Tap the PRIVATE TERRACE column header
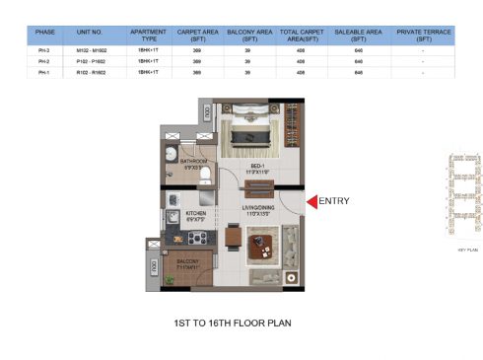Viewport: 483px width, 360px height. pos(423,35)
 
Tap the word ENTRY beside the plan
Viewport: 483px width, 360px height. pos(335,202)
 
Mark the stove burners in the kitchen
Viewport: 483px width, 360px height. pos(195,237)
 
